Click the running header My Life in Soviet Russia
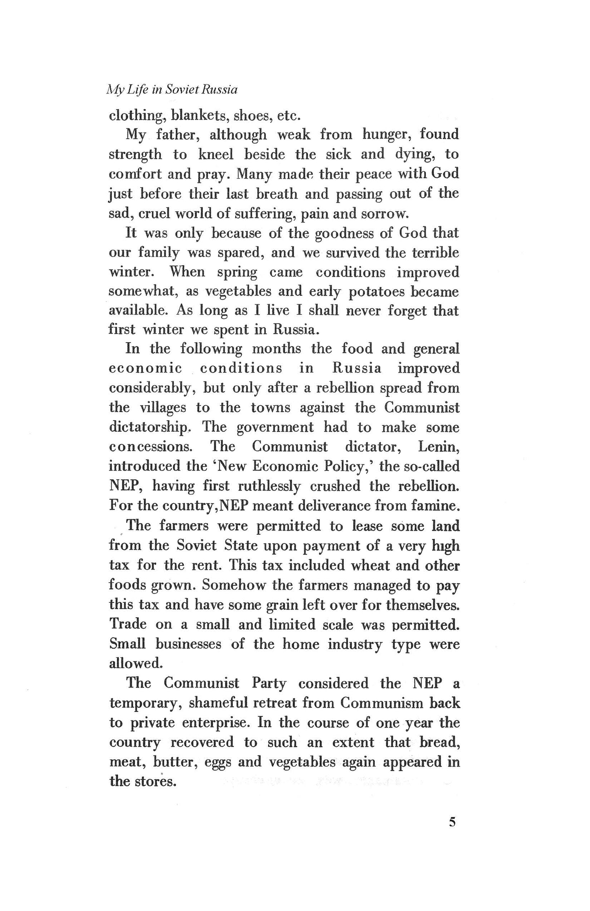[171, 90]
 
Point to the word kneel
[216, 154]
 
